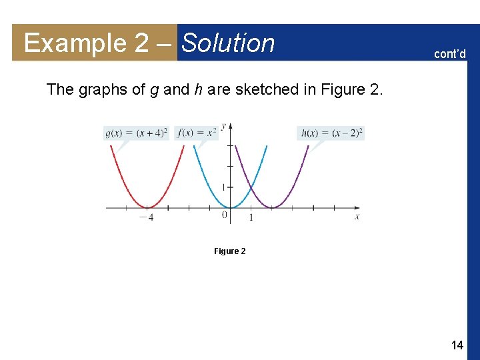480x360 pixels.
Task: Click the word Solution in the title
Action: [228, 43]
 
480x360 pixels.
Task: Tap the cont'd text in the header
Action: [451, 54]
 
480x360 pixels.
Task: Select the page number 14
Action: [457, 345]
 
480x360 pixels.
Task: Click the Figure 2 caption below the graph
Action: [229, 251]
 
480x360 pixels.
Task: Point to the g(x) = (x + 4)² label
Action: [137, 133]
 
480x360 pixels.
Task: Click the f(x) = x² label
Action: [198, 133]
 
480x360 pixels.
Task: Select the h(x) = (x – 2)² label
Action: [331, 133]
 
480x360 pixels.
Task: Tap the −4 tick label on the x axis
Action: [146, 217]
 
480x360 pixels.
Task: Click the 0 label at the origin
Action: [225, 215]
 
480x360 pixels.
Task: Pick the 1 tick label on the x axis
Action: [251, 217]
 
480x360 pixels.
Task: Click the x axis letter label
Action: [357, 217]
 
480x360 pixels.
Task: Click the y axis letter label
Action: [223, 125]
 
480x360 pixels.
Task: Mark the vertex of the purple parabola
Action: [271, 208]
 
